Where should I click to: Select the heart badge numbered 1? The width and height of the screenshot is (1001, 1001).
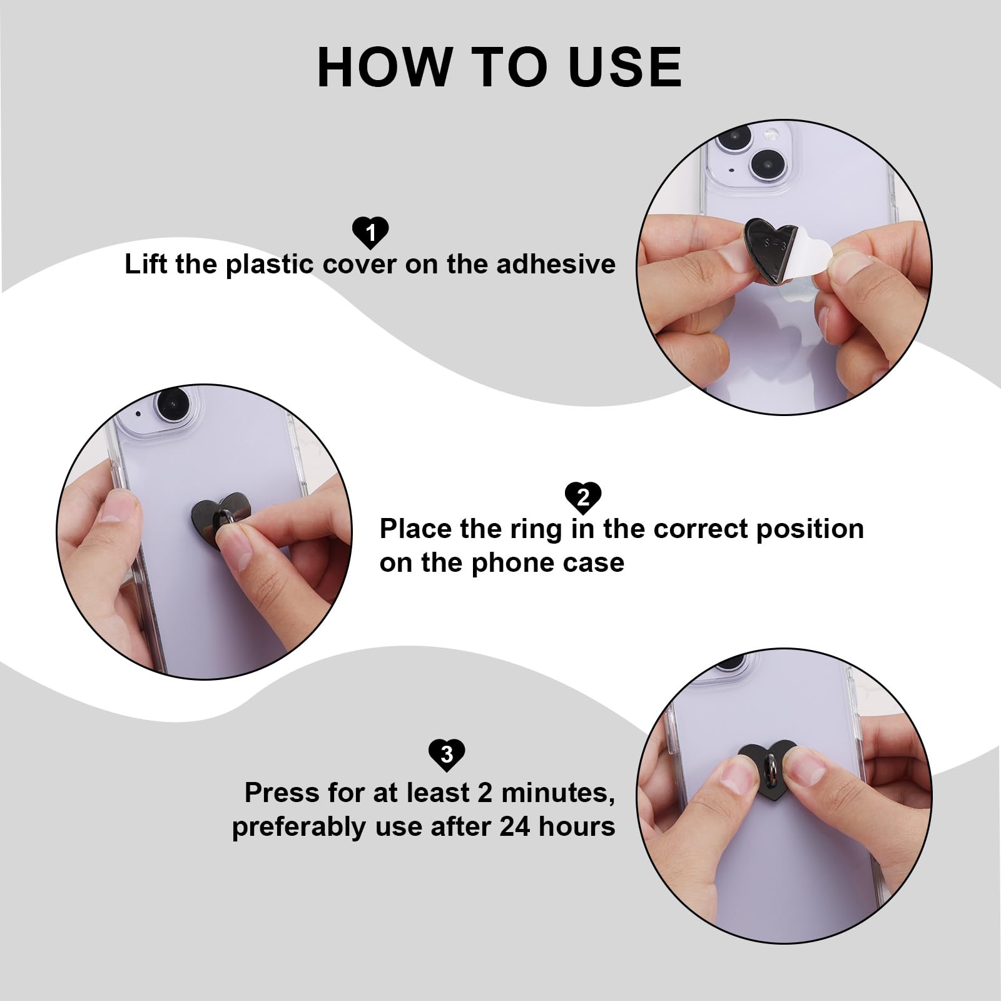(370, 233)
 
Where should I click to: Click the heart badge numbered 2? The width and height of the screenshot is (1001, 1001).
(583, 497)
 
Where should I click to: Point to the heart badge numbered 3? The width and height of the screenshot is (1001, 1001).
(447, 755)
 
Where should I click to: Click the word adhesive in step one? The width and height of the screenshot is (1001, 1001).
(556, 264)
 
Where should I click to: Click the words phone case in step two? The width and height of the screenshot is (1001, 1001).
(547, 563)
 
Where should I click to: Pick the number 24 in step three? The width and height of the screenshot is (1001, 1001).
(515, 827)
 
